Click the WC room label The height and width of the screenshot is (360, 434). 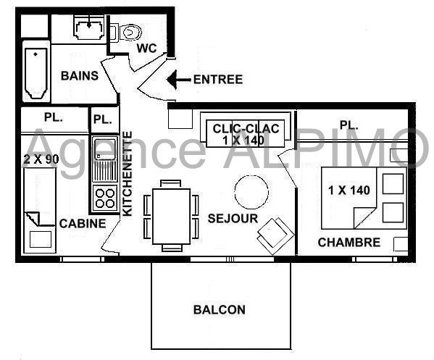click(x=146, y=48)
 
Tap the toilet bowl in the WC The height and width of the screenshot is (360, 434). click(x=131, y=33)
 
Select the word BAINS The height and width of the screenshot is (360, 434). click(x=80, y=76)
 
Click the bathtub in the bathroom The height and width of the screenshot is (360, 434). click(x=36, y=72)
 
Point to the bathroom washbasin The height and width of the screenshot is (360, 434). click(x=89, y=29)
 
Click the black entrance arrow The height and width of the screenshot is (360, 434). click(x=179, y=80)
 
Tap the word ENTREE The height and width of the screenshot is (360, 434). click(x=218, y=80)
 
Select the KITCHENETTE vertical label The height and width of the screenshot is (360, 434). click(x=128, y=174)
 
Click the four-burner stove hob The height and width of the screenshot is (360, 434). click(x=104, y=198)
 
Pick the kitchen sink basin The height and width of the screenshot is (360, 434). click(x=104, y=149)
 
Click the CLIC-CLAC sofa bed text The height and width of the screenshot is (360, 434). click(x=246, y=135)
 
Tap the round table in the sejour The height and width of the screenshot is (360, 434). click(x=251, y=192)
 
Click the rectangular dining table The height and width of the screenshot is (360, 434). click(x=171, y=216)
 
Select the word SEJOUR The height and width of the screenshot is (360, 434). click(x=233, y=219)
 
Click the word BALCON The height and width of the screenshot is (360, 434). click(x=220, y=309)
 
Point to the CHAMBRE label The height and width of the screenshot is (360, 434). click(x=349, y=243)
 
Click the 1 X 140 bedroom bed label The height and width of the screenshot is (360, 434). click(x=349, y=191)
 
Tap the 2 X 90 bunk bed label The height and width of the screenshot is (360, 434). click(x=41, y=159)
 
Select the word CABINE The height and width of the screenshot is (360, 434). click(x=83, y=224)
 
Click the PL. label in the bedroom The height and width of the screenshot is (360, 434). click(x=349, y=125)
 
